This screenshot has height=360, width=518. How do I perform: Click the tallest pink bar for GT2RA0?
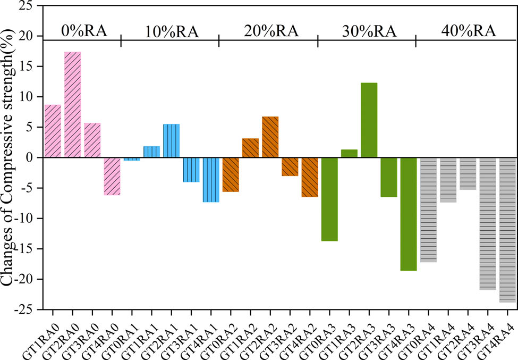coord(72,105)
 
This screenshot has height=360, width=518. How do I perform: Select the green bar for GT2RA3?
coord(369,120)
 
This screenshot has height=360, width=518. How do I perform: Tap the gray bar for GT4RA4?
coord(507,230)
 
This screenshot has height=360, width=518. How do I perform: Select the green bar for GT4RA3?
coord(408,214)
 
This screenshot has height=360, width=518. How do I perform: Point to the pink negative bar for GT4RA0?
coord(112,177)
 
